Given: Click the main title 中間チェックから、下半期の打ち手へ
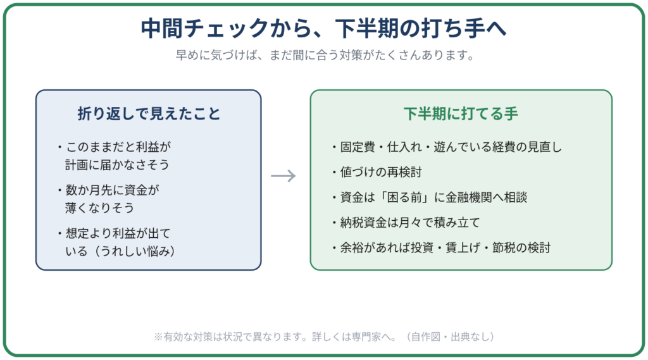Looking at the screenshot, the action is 323,28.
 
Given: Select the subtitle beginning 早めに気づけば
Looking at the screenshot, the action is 325,55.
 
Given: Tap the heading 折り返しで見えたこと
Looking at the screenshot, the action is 149,113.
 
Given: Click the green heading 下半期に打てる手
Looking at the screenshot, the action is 461,113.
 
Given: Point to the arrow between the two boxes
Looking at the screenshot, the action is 283,176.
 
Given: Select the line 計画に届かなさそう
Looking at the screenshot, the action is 117,164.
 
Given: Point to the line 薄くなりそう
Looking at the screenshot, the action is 99,208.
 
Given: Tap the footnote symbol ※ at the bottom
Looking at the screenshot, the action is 158,337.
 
